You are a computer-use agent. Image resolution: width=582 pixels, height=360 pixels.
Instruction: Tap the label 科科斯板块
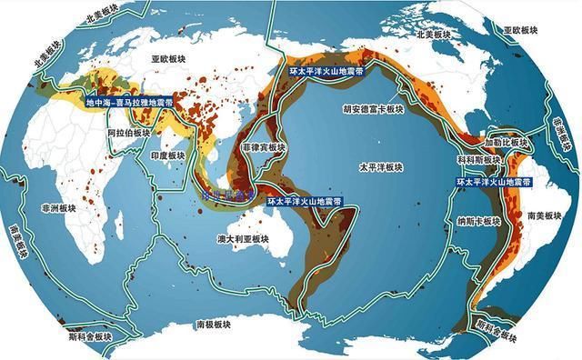(x=478, y=160)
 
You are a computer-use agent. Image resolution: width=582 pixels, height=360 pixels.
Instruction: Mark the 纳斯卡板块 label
(x=479, y=220)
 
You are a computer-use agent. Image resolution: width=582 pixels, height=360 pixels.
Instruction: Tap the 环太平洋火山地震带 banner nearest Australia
(x=304, y=201)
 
